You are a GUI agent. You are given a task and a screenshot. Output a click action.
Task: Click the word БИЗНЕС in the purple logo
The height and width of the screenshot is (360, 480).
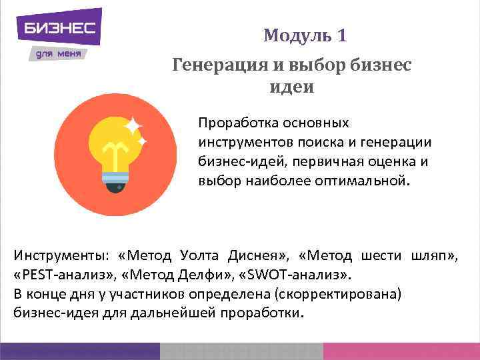60,28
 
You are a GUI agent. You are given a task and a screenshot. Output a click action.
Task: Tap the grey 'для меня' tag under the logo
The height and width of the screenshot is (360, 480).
58,53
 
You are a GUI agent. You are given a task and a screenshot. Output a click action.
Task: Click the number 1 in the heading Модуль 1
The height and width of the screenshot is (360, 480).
341,35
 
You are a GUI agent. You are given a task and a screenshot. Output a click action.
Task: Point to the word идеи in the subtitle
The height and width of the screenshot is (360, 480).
292,87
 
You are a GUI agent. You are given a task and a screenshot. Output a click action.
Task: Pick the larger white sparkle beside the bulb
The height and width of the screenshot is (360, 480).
134,126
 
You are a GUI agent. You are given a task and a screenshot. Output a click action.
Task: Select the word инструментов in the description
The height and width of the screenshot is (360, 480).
241,142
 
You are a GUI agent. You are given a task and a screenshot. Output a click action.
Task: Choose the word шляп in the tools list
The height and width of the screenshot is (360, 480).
436,255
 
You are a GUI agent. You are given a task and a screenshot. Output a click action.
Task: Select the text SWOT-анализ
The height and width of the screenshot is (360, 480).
304,274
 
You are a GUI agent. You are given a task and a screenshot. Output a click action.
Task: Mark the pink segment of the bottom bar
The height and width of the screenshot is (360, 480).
400,351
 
